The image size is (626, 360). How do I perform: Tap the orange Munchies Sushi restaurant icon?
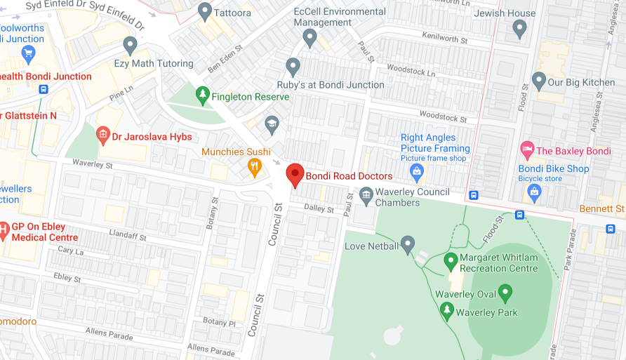[x=255, y=166]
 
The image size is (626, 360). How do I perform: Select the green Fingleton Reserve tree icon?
[x=202, y=95]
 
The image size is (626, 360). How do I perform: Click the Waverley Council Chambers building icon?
[x=366, y=197]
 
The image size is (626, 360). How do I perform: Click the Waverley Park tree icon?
[x=446, y=310]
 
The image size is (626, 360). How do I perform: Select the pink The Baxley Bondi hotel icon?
[x=526, y=149]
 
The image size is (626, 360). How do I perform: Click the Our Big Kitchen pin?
[x=538, y=81]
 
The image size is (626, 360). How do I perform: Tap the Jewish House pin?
[x=519, y=28]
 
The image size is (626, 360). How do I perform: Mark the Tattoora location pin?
[x=205, y=11]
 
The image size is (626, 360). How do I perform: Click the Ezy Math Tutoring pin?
[x=130, y=45]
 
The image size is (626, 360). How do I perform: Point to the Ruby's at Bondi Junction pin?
[x=293, y=67]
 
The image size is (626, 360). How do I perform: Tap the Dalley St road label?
[x=319, y=208]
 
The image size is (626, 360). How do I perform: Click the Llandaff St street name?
[x=128, y=235]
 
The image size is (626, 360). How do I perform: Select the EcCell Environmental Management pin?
[x=310, y=38]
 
